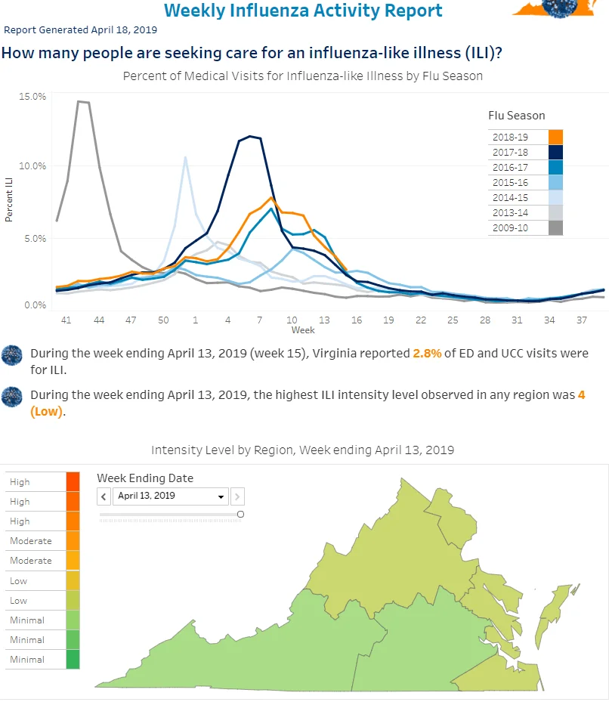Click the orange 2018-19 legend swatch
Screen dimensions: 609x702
tap(555, 137)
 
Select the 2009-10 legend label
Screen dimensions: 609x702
tap(510, 228)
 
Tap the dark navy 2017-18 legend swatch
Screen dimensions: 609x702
tap(555, 152)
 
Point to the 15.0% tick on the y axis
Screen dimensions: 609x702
tap(32, 96)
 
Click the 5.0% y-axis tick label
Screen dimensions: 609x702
tap(35, 238)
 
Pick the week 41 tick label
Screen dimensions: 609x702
tap(66, 320)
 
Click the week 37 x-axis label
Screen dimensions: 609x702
tap(581, 320)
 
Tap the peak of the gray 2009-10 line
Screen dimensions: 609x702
tap(79, 101)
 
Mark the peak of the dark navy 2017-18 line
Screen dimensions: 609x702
tap(250, 136)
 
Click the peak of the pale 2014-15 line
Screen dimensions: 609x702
tap(185, 157)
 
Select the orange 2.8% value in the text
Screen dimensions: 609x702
tap(427, 353)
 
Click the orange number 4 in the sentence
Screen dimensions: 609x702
tap(581, 395)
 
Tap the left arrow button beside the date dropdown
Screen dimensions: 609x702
tap(104, 496)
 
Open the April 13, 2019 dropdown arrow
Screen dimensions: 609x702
tap(221, 496)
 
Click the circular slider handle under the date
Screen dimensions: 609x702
tap(240, 514)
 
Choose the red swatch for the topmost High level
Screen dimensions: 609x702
tap(73, 482)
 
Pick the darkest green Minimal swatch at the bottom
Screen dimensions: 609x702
tap(73, 660)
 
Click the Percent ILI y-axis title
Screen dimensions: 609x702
tap(9, 199)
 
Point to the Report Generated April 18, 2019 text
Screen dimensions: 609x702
tap(81, 30)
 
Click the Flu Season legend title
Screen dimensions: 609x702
tap(517, 116)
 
